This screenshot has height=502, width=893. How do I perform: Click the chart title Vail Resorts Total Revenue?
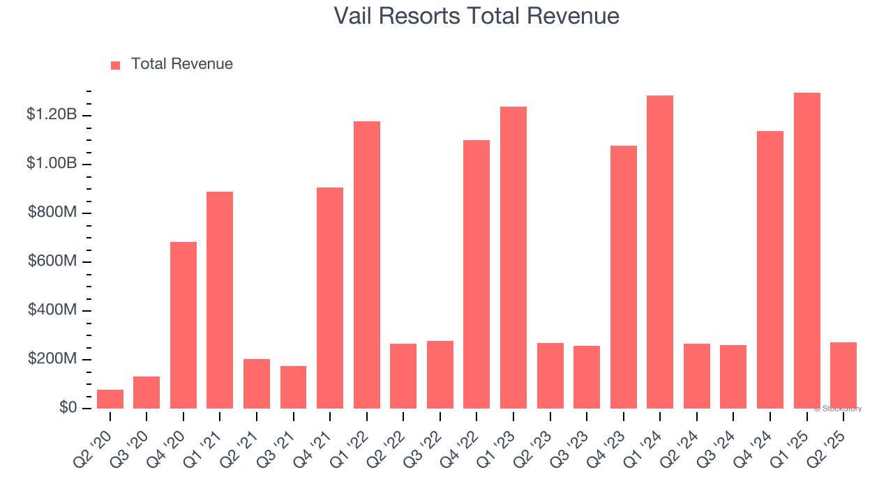(476, 16)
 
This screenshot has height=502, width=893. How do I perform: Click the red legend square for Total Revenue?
(116, 65)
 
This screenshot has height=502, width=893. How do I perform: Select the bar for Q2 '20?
(110, 399)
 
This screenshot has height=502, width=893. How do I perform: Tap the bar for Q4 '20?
(183, 325)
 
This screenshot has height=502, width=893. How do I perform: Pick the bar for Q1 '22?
(367, 265)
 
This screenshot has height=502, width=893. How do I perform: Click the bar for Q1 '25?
(807, 251)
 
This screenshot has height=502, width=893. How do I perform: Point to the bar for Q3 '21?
(293, 387)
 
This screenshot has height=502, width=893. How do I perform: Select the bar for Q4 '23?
(624, 277)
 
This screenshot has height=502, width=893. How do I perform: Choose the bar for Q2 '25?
(843, 375)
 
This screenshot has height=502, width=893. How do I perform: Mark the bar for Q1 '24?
(660, 252)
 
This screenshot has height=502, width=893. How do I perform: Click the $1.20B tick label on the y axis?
(52, 114)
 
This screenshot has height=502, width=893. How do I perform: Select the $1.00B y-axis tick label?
(52, 163)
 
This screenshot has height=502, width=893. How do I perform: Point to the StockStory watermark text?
(838, 409)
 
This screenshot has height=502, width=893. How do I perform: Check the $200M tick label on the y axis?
(52, 358)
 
